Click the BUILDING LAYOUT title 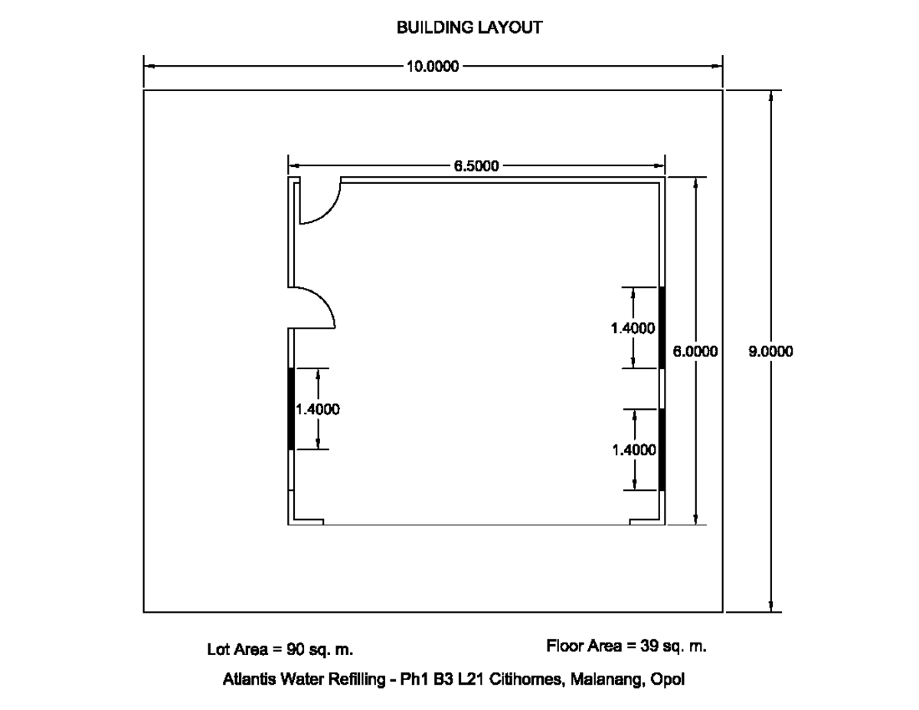pyautogui.click(x=469, y=28)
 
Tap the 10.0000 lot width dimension pyautogui.click(x=433, y=67)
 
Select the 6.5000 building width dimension pyautogui.click(x=476, y=165)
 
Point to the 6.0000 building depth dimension pyautogui.click(x=695, y=352)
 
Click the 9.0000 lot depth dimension pyautogui.click(x=770, y=352)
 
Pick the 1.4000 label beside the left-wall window pyautogui.click(x=317, y=409)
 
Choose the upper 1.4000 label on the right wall pyautogui.click(x=633, y=328)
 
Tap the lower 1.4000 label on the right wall pyautogui.click(x=634, y=450)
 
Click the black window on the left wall pyautogui.click(x=291, y=408)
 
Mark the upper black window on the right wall pyautogui.click(x=662, y=328)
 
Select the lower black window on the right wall pyautogui.click(x=662, y=450)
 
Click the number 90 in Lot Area pyautogui.click(x=295, y=649)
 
